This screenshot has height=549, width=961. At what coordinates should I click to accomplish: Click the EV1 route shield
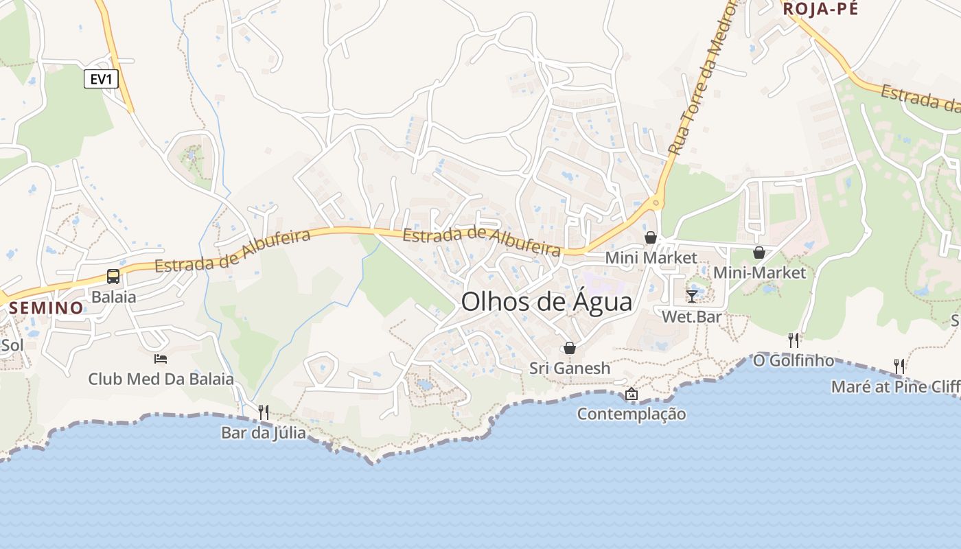(101, 79)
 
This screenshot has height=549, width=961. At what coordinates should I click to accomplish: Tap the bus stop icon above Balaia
(113, 277)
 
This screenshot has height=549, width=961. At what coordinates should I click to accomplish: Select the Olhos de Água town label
(546, 302)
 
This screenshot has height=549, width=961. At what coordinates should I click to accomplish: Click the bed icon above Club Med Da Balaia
(161, 358)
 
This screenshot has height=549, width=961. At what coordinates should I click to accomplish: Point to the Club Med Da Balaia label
(161, 379)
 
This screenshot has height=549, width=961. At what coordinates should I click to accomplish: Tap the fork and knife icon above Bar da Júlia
(263, 412)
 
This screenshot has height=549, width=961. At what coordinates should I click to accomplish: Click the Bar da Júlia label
(264, 433)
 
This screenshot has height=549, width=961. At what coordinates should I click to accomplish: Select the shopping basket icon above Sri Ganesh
(569, 348)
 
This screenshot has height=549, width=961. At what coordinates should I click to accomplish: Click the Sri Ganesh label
(570, 369)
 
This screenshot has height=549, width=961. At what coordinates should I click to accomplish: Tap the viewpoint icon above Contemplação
(632, 394)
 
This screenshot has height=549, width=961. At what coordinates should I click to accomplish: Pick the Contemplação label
(632, 414)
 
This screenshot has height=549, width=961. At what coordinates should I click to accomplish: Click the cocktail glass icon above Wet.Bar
(692, 296)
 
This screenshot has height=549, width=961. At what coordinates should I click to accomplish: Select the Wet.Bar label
(692, 316)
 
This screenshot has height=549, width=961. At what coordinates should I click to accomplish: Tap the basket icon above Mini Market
(650, 237)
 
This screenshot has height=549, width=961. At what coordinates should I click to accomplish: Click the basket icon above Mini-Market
(759, 253)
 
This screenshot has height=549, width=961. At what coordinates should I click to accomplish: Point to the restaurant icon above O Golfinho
(794, 340)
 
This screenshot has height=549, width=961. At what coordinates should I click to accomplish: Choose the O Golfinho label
(794, 360)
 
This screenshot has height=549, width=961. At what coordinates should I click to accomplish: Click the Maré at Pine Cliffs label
(896, 386)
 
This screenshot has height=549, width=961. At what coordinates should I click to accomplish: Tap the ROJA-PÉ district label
(820, 9)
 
